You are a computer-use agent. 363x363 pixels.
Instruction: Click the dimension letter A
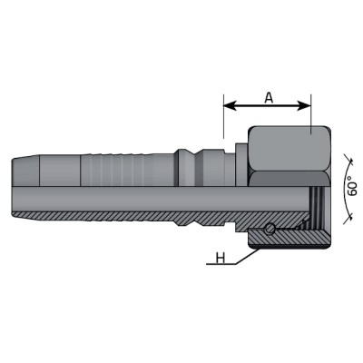[x=269, y=97]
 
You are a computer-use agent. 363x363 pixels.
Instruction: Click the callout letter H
[x=221, y=259]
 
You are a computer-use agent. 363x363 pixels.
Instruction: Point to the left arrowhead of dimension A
[x=230, y=105]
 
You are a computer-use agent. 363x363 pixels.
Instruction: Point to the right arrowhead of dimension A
[x=304, y=105]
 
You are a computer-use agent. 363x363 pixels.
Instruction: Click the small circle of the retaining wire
[x=270, y=229]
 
